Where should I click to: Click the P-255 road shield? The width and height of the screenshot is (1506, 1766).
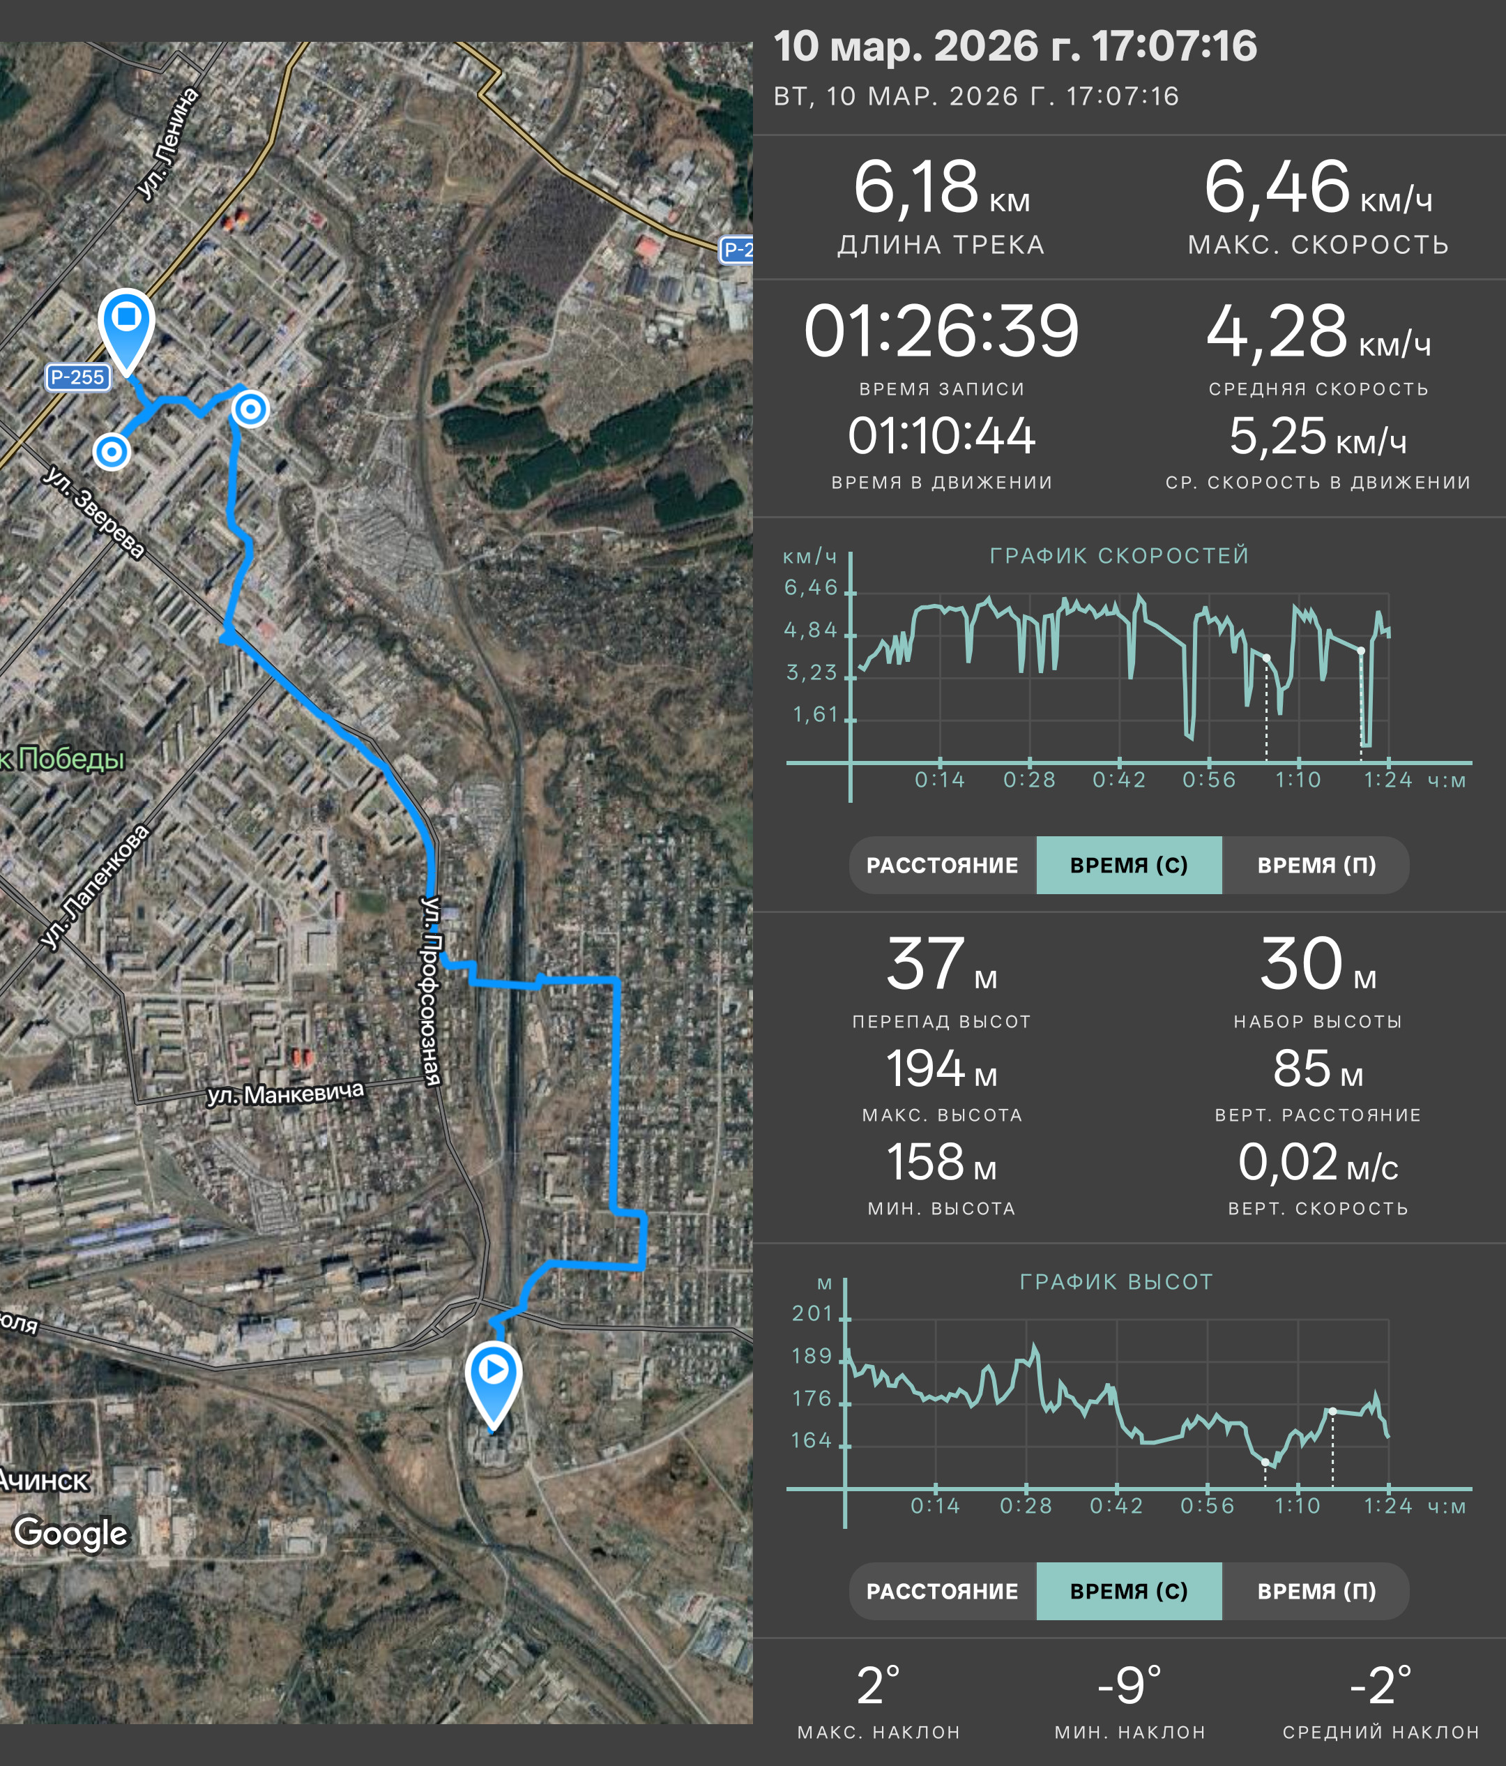pos(77,377)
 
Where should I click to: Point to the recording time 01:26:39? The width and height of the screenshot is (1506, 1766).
pos(941,331)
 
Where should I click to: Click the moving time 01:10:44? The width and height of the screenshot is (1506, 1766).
pos(941,437)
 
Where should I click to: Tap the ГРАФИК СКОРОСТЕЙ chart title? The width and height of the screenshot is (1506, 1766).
pos(1119,556)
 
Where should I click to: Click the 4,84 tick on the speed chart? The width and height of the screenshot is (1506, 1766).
pos(811,630)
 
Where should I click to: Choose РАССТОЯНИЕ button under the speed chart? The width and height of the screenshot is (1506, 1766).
pos(942,865)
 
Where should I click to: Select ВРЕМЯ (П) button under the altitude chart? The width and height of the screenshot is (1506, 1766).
pos(1316,1591)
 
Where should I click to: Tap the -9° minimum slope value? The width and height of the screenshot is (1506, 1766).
pos(1129,1685)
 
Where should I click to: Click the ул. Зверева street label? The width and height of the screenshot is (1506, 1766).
pos(93,512)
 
